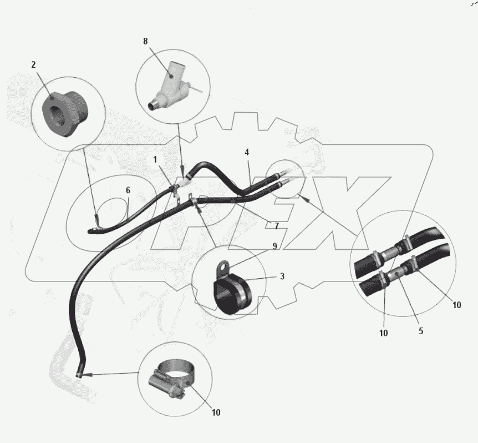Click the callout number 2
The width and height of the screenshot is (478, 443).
(33, 65)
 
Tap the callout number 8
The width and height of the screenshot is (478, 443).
(145, 41)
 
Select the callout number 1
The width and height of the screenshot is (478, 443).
(155, 159)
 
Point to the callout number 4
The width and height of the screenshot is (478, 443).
(247, 152)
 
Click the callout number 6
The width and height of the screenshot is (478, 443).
(128, 190)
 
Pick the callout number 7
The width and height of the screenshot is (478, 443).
(277, 226)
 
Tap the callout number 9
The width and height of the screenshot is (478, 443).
(274, 246)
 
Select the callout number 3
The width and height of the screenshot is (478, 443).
(282, 276)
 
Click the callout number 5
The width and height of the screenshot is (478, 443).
(421, 331)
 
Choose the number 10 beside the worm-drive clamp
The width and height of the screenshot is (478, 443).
(216, 412)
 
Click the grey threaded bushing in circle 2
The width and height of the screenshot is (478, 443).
(65, 113)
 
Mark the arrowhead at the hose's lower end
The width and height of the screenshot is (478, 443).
(87, 374)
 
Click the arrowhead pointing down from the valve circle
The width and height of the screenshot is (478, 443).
(182, 170)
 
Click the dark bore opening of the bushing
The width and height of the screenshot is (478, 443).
(57, 115)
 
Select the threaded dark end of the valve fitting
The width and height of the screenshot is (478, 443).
(153, 105)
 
